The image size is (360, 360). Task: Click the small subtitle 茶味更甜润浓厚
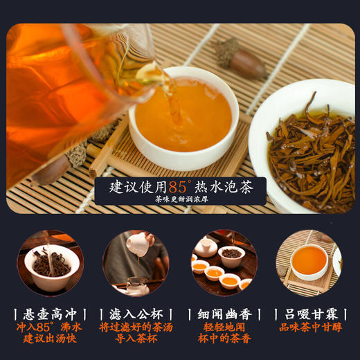pyautogui.click(x=181, y=201)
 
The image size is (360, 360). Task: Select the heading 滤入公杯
pyautogui.click(x=135, y=314)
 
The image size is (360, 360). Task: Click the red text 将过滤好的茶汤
pyautogui.click(x=135, y=327)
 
